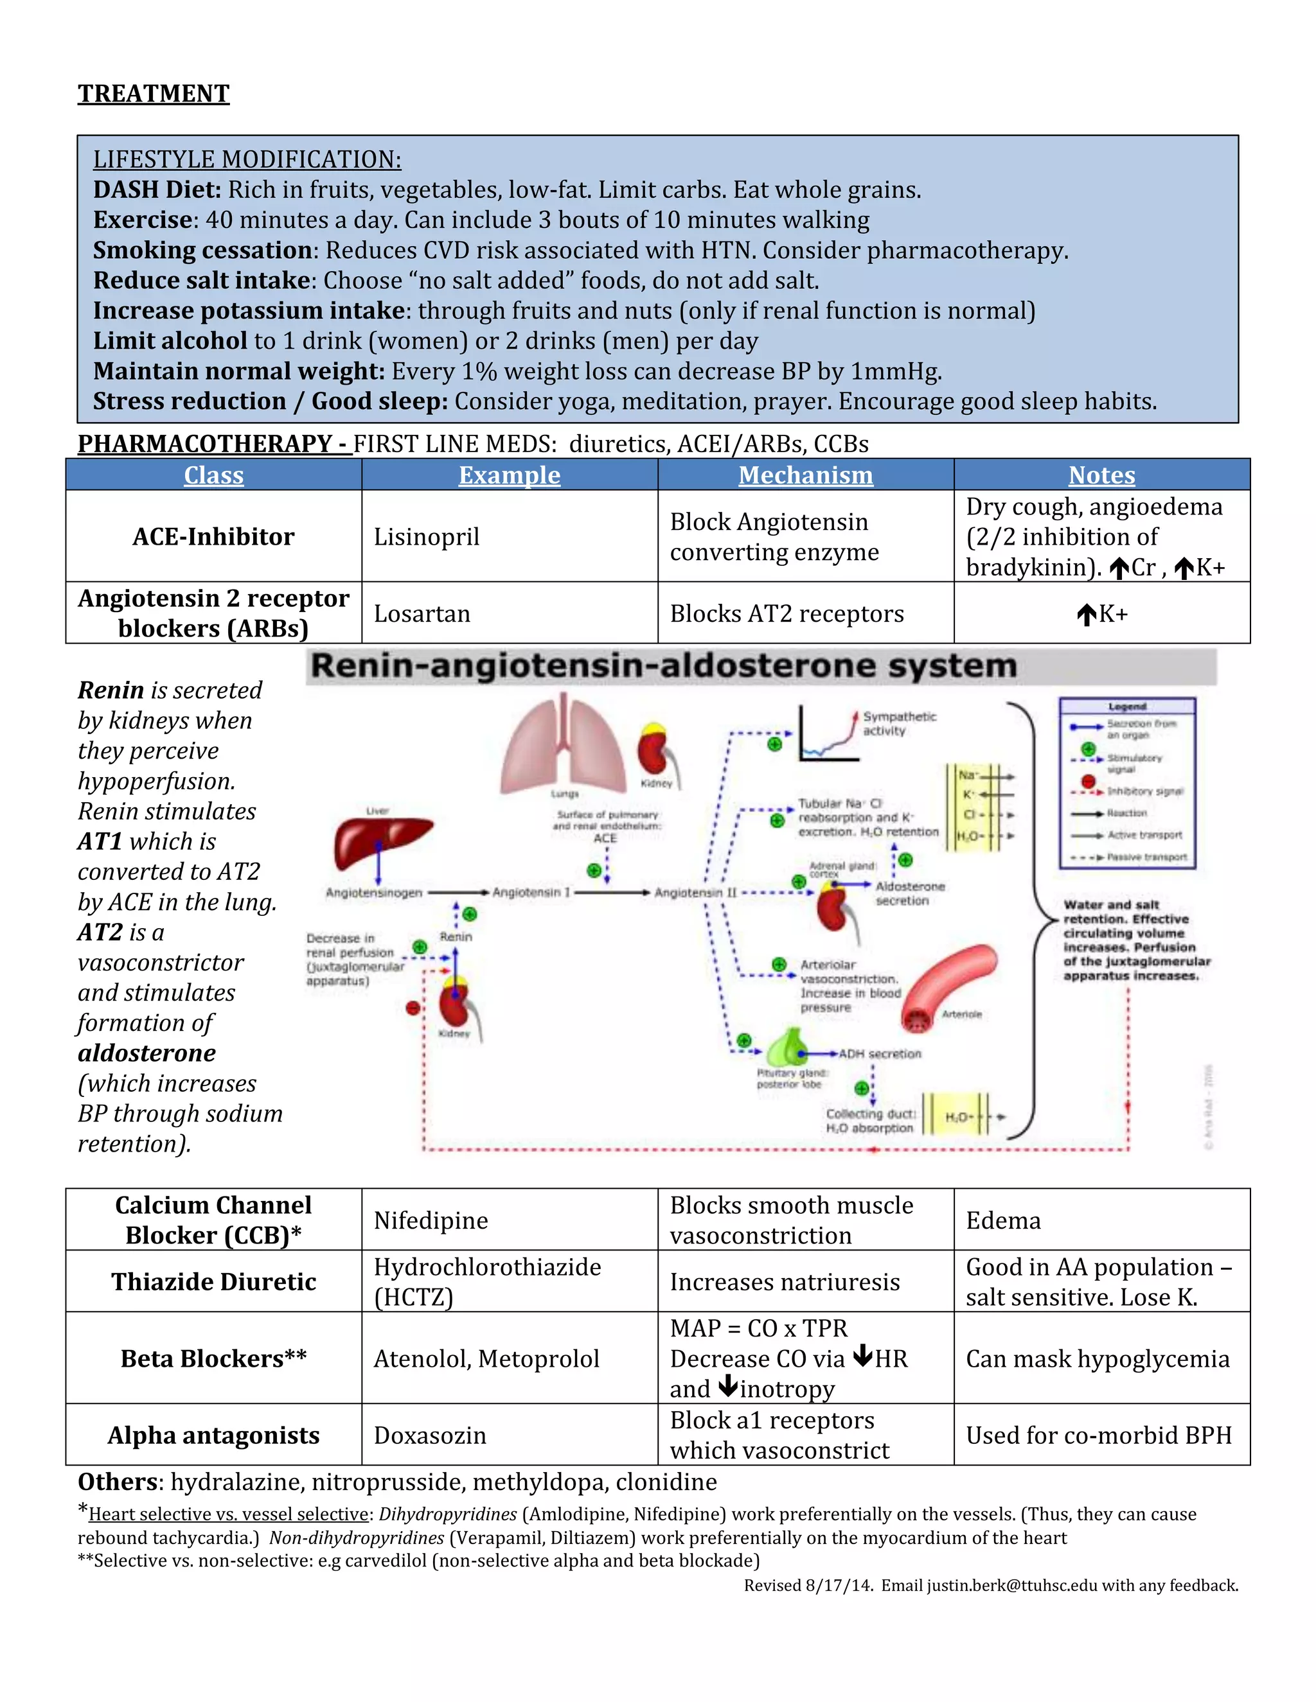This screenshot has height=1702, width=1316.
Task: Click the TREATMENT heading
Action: click(x=154, y=94)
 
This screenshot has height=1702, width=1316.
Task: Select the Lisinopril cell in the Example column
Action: click(x=427, y=537)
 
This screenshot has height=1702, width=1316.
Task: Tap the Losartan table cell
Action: click(x=422, y=614)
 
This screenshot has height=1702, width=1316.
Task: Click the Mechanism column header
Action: click(x=805, y=475)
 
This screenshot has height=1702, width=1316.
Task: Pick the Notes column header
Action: click(x=1101, y=475)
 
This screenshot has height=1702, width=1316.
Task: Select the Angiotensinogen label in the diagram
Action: click(x=373, y=892)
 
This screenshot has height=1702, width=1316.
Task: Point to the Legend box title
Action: click(x=1126, y=706)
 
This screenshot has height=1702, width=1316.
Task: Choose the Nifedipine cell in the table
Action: click(x=431, y=1220)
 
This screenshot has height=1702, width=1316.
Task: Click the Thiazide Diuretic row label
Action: click(x=213, y=1282)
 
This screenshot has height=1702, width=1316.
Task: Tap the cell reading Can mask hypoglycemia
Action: click(x=1097, y=1359)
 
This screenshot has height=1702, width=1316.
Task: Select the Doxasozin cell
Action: click(x=430, y=1435)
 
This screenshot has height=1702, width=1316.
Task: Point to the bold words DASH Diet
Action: click(x=157, y=190)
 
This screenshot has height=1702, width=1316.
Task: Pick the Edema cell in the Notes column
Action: click(x=1002, y=1220)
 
